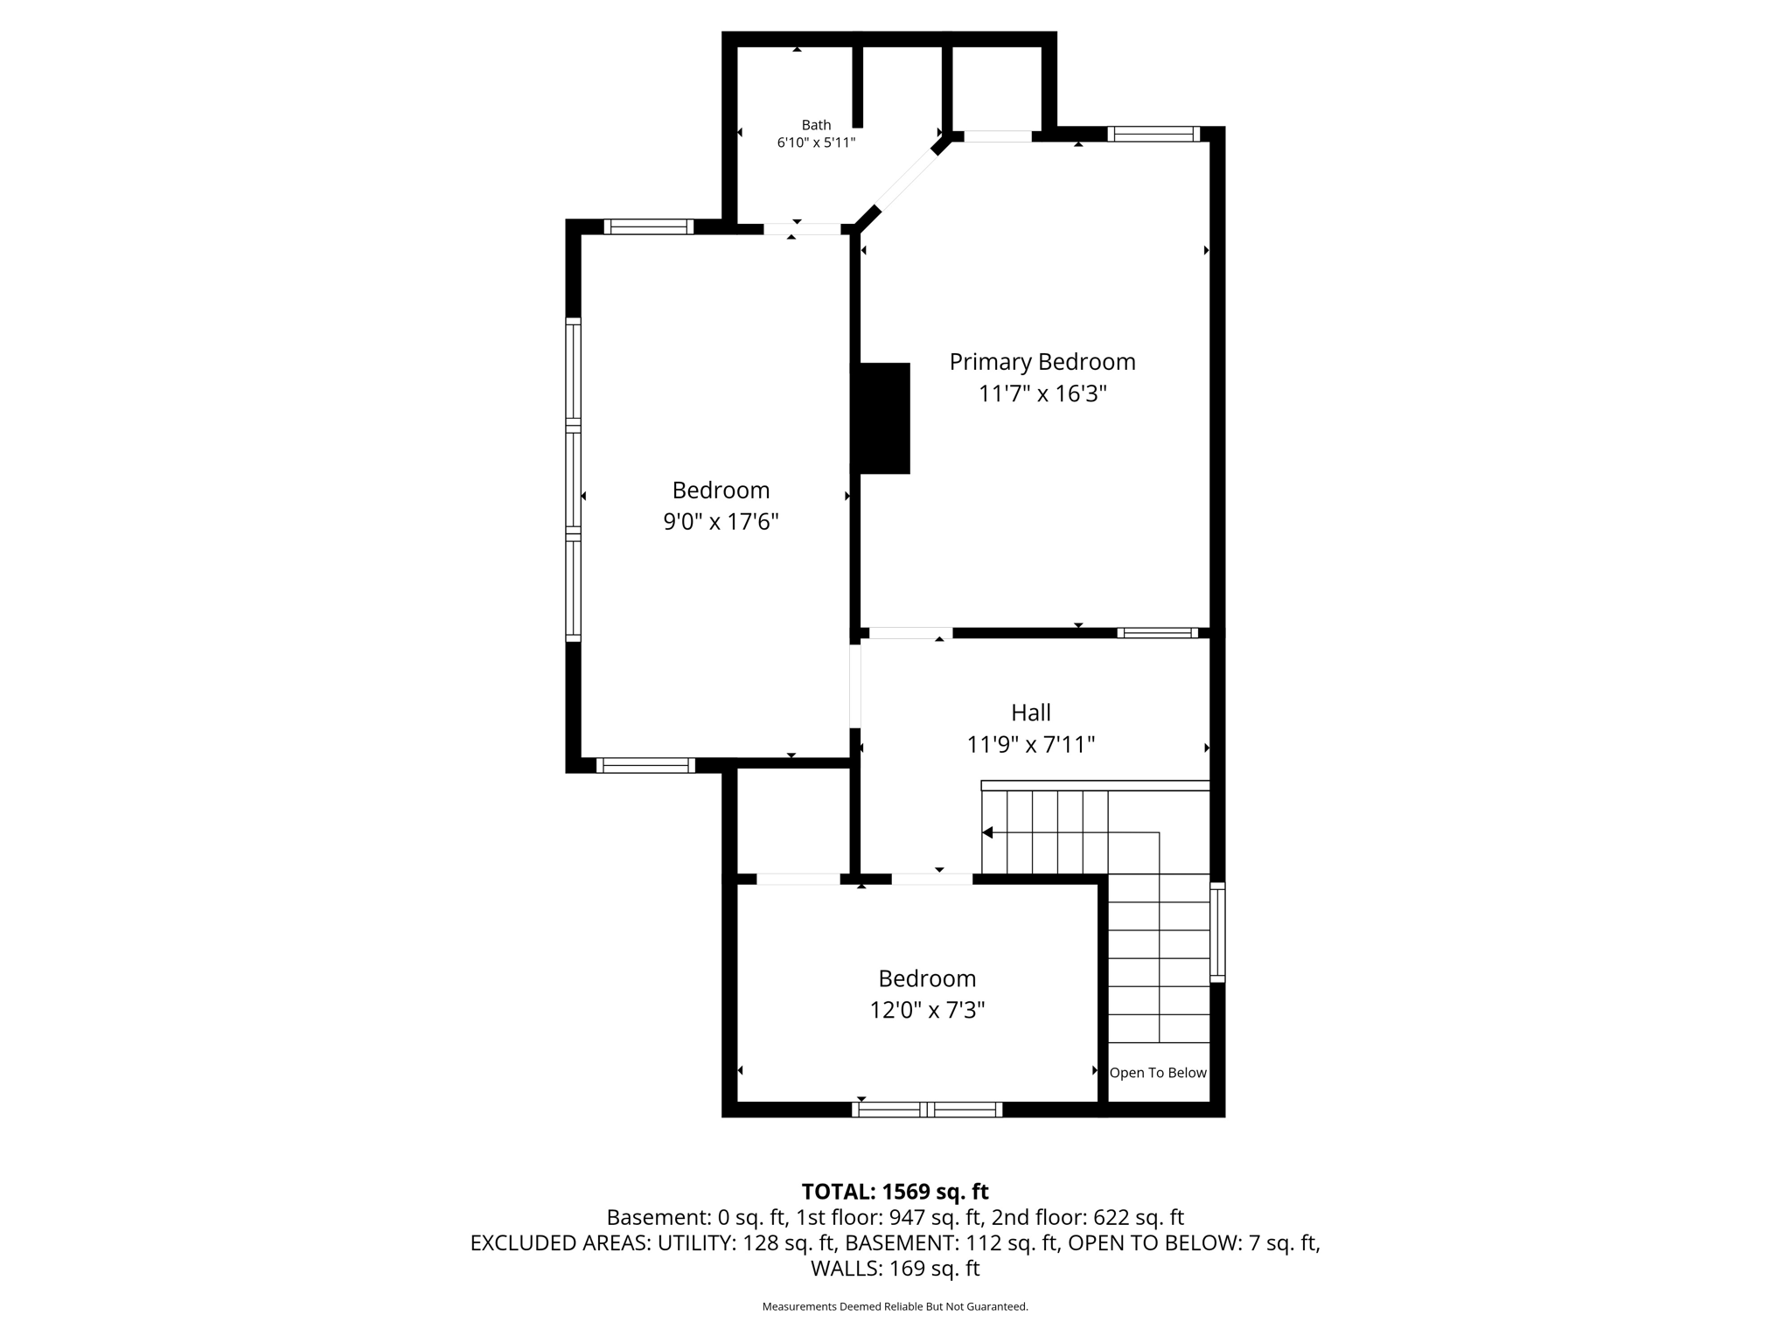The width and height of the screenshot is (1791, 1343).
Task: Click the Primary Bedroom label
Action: [x=1042, y=362]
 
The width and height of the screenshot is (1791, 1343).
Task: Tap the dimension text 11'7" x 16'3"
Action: [x=1042, y=394]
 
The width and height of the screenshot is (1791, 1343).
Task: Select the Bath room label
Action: [x=816, y=125]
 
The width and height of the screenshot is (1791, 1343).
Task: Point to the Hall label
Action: [x=1031, y=713]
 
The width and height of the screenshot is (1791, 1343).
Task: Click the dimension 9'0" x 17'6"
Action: [x=721, y=522]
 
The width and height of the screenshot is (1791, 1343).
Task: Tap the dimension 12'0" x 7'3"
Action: [x=927, y=1011]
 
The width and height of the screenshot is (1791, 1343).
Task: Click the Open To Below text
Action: [x=1158, y=1073]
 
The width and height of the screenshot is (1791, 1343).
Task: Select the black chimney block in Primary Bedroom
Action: [x=883, y=418]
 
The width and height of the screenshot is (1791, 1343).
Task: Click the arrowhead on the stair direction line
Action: [x=987, y=832]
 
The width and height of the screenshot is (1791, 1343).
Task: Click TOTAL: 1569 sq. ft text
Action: [x=895, y=1192]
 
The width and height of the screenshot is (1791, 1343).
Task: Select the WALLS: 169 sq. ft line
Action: [x=895, y=1269]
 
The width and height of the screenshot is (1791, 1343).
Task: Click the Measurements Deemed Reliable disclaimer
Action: [x=895, y=1306]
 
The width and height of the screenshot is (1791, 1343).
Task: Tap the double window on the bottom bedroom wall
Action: [x=927, y=1110]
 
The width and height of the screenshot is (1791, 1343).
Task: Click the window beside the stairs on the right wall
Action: [x=1217, y=932]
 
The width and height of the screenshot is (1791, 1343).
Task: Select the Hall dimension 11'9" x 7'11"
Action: [x=1031, y=745]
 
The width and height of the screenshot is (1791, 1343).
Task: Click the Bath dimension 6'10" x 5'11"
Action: [x=816, y=143]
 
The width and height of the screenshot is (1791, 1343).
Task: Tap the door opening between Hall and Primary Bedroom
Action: [x=910, y=633]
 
